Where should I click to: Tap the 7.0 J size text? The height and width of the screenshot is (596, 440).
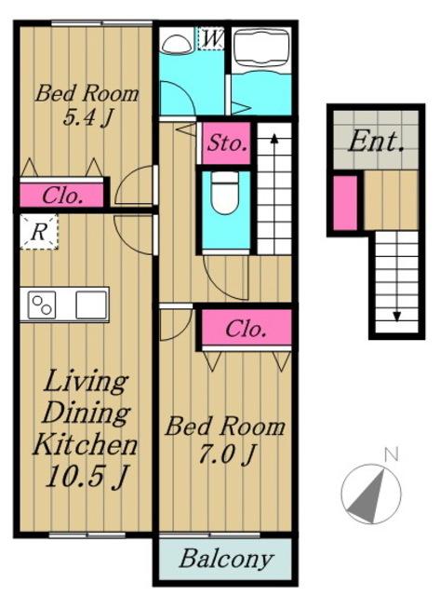[x=225, y=454]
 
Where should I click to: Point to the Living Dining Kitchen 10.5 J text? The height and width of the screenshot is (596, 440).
[x=86, y=428]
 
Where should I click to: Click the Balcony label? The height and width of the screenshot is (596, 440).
[x=226, y=559]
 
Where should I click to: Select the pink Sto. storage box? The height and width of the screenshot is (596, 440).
[x=226, y=143]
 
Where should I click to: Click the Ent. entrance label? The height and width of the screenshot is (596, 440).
[x=376, y=142]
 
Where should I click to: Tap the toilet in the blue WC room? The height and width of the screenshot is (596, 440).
[x=225, y=193]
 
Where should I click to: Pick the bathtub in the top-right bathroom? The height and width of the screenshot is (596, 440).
[x=261, y=49]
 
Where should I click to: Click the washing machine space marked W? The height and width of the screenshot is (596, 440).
[x=211, y=38]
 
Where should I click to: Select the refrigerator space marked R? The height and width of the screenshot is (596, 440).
[x=39, y=232]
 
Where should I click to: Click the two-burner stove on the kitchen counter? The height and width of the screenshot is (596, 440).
[x=42, y=305]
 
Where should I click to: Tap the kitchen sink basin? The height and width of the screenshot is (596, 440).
[x=91, y=305]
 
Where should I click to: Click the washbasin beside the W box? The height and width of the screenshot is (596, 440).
[x=177, y=44]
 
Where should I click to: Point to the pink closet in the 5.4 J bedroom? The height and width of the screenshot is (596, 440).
[x=61, y=196]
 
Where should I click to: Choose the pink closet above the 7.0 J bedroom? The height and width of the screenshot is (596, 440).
[x=247, y=328]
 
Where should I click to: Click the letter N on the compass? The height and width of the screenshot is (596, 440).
[x=391, y=454]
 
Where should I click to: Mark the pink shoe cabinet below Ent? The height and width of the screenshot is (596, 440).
[x=345, y=203]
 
